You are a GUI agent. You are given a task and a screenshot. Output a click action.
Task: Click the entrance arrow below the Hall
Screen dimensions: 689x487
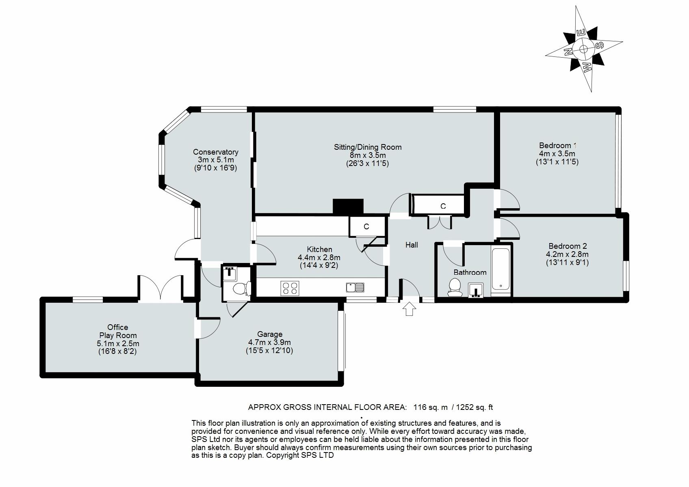click(x=409, y=309)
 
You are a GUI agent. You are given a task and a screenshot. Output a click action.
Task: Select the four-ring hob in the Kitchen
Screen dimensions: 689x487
click(x=290, y=288)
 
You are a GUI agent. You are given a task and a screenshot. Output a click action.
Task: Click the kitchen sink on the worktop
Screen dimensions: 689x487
click(x=355, y=288)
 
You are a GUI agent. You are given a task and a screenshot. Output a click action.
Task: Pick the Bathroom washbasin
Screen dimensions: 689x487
click(x=476, y=290)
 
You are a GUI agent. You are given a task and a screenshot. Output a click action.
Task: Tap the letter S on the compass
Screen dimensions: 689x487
click(x=600, y=46)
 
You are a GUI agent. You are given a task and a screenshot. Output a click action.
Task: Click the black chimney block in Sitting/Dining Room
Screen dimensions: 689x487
click(x=348, y=207)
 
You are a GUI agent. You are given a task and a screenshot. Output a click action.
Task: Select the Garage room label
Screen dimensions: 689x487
click(x=270, y=334)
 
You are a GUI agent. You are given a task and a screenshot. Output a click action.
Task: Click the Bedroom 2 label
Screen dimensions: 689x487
click(x=568, y=246)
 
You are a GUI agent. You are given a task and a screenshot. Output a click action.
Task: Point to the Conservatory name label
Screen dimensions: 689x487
click(x=216, y=152)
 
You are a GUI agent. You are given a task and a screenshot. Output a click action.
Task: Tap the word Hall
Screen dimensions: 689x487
click(x=412, y=245)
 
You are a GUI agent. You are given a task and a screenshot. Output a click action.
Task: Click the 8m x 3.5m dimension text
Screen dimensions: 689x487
click(x=368, y=155)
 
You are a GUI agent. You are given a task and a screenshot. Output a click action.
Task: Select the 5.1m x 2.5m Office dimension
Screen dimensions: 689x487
click(x=118, y=343)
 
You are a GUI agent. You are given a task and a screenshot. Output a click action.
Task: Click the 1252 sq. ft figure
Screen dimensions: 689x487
click(x=474, y=407)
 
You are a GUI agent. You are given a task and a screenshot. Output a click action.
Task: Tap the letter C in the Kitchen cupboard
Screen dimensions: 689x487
click(x=366, y=227)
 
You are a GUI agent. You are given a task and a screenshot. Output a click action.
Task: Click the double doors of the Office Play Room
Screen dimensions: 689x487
click(x=160, y=289)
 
